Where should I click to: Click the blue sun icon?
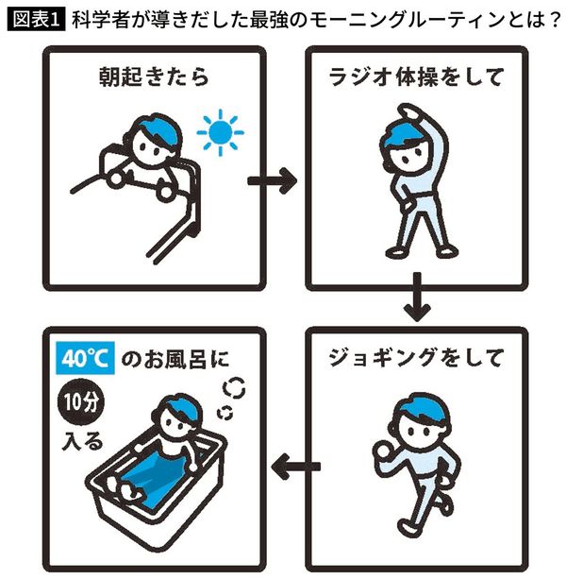coord(219,135)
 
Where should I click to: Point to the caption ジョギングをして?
coord(418,359)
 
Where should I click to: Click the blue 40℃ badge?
coord(87,359)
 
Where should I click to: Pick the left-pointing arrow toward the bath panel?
coord(295,465)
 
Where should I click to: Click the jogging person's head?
coord(416,417)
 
